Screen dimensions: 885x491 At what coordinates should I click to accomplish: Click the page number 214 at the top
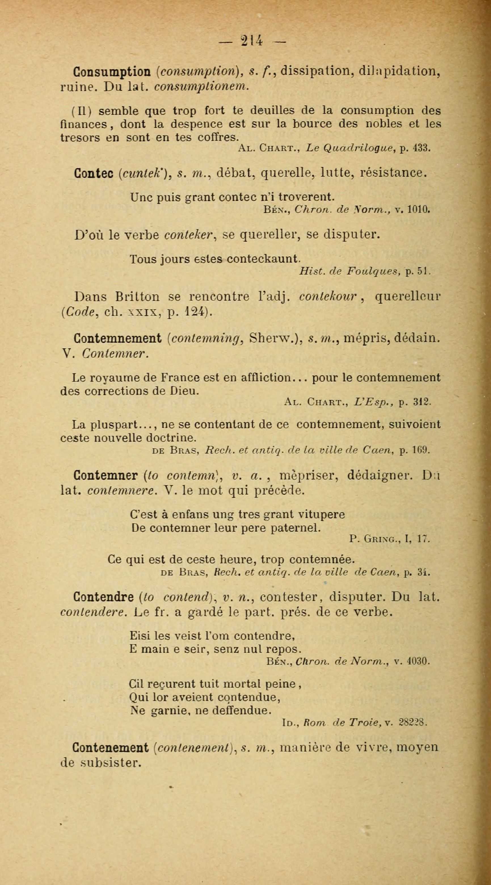tap(252, 41)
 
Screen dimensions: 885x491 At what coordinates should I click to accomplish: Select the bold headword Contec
tap(94, 173)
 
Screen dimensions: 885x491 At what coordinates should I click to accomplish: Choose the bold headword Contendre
tap(104, 597)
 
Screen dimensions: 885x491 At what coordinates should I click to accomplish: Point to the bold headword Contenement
tap(111, 747)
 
